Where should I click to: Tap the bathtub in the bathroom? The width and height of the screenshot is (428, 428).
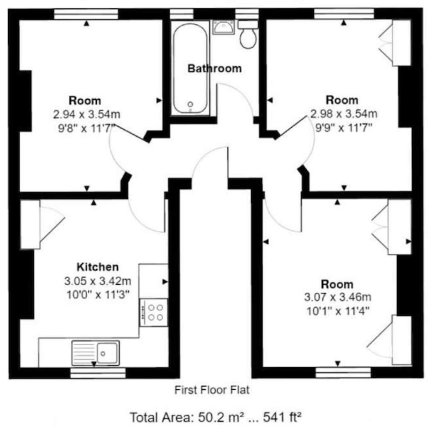[x=190, y=68]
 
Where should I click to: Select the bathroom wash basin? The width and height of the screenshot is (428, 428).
[x=224, y=27]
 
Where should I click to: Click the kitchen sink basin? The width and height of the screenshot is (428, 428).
[x=108, y=353]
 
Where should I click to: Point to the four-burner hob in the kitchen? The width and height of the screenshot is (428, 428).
[x=154, y=312]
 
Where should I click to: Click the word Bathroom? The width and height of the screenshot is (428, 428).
[x=214, y=68]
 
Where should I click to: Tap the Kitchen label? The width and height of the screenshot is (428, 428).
[x=98, y=267]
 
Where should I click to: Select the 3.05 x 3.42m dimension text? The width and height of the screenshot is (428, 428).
[x=98, y=280]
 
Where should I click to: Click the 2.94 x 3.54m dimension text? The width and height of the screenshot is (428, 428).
[x=86, y=114]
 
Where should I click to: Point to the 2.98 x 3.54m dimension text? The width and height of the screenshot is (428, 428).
[x=344, y=113]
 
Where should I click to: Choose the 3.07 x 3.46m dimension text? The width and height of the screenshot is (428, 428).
[x=338, y=297]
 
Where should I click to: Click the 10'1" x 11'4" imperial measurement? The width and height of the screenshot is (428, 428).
[x=338, y=311]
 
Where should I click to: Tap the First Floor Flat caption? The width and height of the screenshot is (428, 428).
[x=212, y=390]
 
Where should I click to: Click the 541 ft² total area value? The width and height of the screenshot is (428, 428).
[x=282, y=417]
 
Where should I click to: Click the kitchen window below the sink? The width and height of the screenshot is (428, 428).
[x=98, y=373]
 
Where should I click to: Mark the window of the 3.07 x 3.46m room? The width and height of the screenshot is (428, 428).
[x=343, y=373]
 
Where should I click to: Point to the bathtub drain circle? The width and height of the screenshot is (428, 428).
[x=190, y=104]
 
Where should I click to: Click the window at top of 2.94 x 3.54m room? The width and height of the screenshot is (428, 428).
[x=86, y=14]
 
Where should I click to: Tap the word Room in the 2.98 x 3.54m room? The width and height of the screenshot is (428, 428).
[x=342, y=100]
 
